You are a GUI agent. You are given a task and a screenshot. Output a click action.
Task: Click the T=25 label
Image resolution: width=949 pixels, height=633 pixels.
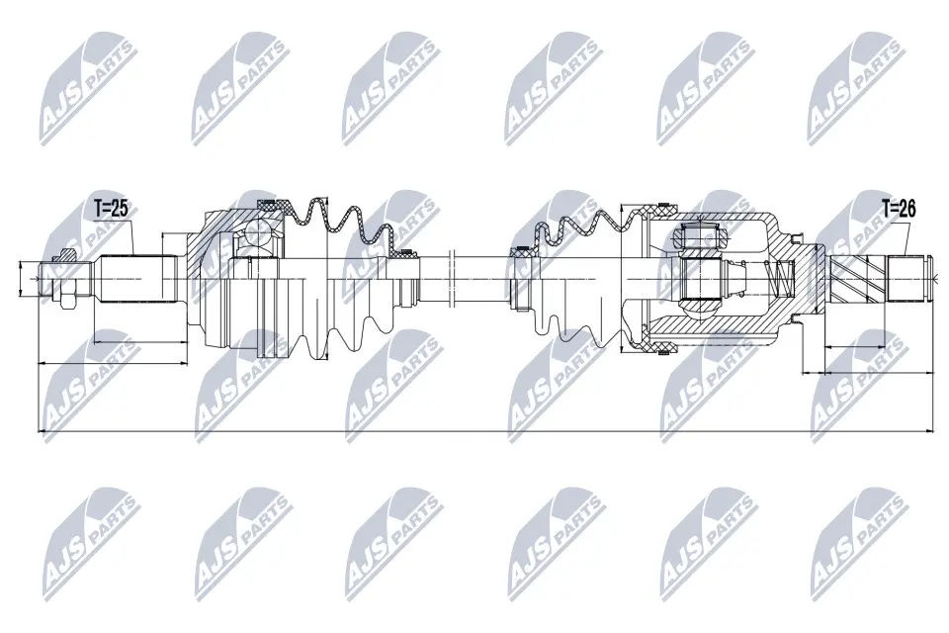point(112,208)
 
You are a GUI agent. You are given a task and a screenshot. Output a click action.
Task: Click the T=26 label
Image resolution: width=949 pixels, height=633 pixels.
point(899,209)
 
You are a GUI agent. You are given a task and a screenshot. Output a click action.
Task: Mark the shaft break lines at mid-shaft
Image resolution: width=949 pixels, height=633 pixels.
point(452,279)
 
